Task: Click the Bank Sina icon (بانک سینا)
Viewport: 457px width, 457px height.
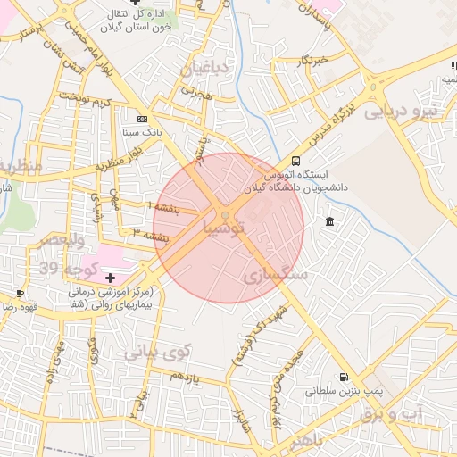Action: coord(142,119)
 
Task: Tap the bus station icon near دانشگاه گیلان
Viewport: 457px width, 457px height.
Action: coord(295,162)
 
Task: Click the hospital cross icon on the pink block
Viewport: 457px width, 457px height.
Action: coord(110,279)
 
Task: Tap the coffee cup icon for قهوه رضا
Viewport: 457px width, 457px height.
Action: coord(20,293)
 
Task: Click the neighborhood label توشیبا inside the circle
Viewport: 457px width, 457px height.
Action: coord(229,228)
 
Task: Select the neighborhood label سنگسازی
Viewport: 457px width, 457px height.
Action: coord(275,276)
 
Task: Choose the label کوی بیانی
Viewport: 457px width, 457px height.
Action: coord(158,353)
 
